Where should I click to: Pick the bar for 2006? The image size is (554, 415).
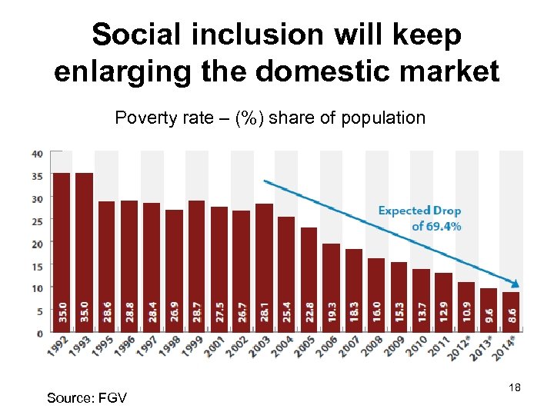(332, 287)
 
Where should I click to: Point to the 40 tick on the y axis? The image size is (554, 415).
(37, 154)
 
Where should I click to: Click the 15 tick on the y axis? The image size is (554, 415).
(37, 266)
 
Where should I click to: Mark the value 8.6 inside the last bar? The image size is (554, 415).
(512, 317)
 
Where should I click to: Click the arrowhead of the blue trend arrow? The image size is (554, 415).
(515, 284)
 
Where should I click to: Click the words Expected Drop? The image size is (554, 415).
(419, 211)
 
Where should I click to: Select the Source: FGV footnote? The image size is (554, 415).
(86, 397)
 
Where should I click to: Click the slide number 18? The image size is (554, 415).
(515, 388)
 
